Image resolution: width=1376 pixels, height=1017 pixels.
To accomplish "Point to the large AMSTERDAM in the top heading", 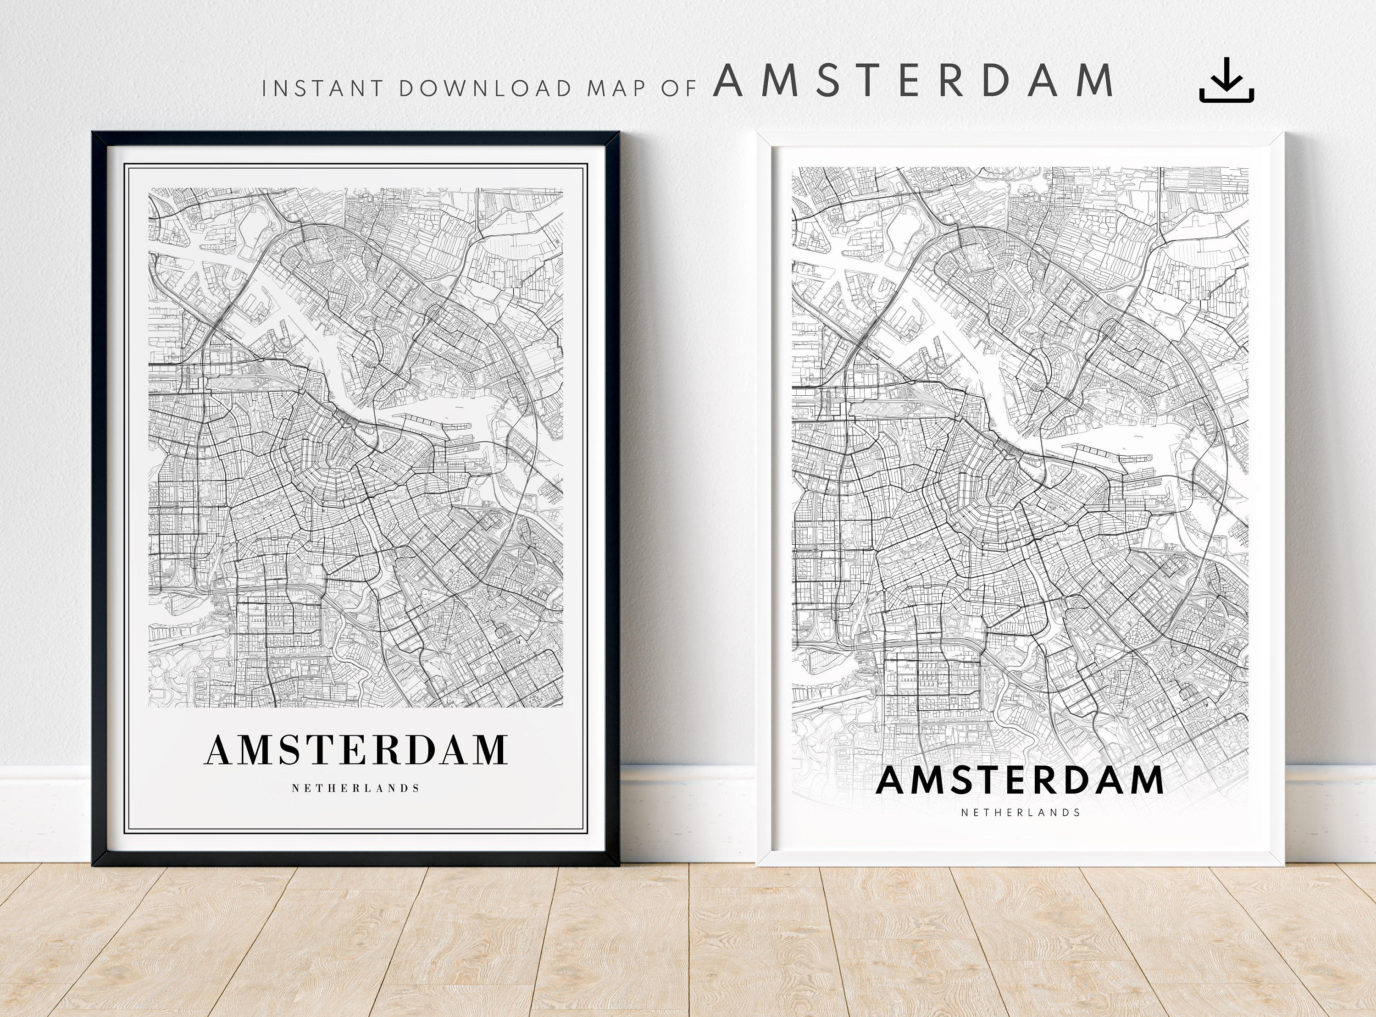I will click(913, 81).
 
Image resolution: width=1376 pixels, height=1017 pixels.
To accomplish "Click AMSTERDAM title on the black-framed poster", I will click(356, 749).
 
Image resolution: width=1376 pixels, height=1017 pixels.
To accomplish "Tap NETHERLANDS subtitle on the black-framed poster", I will click(356, 788).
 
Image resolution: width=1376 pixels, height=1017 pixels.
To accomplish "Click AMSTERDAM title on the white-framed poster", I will click(1020, 780).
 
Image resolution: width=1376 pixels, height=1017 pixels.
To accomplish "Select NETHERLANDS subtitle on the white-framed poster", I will click(1020, 812).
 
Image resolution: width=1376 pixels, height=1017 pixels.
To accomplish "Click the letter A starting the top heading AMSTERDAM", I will click(728, 81).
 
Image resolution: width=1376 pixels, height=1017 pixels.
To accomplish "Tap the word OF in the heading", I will click(678, 88).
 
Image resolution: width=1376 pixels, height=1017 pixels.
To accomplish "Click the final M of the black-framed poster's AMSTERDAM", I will click(490, 749).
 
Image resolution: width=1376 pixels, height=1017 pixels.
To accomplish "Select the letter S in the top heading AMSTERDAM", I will click(828, 81).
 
